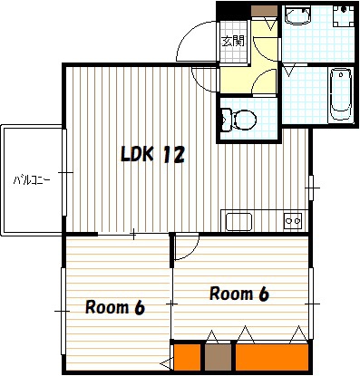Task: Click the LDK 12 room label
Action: [x=152, y=154]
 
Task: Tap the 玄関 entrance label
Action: [x=233, y=41]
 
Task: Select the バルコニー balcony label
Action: [x=32, y=180]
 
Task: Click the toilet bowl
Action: [x=245, y=120]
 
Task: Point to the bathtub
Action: [x=341, y=94]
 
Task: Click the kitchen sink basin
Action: [x=238, y=221]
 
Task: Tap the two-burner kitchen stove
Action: [x=293, y=221]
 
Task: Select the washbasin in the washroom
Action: [x=297, y=15]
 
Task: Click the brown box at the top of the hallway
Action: [x=264, y=12]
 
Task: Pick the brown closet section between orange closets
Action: [x=218, y=357]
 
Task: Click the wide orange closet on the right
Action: [x=272, y=357]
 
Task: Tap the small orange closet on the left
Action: [x=188, y=357]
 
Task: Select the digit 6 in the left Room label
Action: [x=140, y=307]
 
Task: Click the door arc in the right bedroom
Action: [x=192, y=252]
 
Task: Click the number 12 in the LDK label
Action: [x=174, y=154]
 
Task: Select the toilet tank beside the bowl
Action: [x=227, y=120]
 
